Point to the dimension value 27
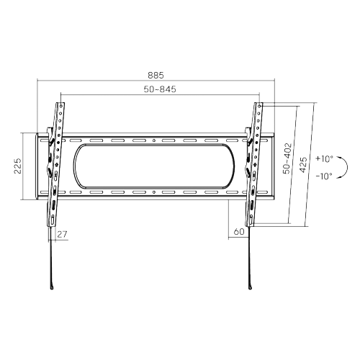(x=62, y=234)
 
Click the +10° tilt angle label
(x=325, y=158)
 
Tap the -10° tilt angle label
(x=325, y=176)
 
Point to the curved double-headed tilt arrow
(x=346, y=167)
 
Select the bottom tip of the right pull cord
(x=249, y=290)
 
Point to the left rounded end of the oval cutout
(x=73, y=166)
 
